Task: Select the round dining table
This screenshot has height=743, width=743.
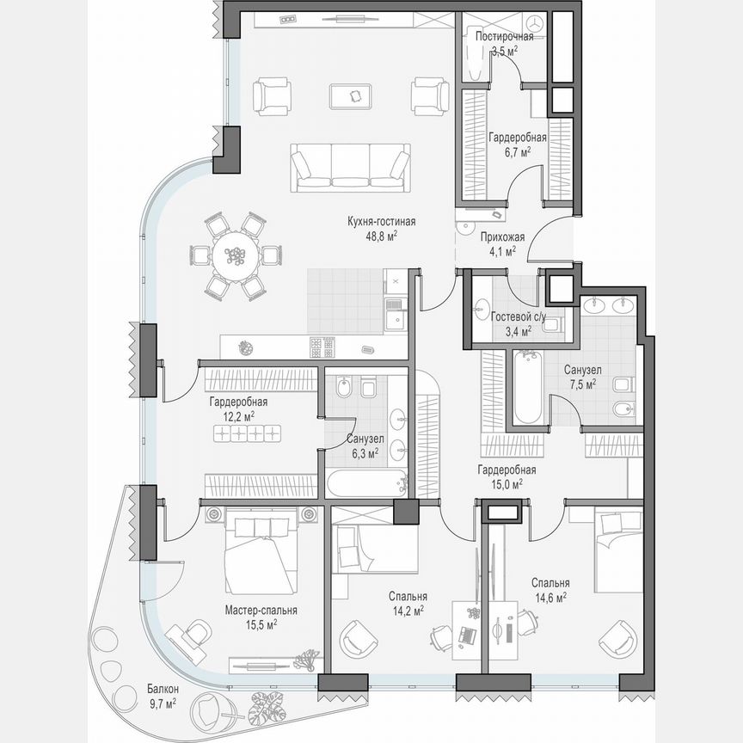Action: tap(234, 255)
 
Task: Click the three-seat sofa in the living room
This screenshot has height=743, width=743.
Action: tap(350, 165)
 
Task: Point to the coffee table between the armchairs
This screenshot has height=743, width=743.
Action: tap(353, 95)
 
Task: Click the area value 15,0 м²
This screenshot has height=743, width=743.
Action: tap(507, 484)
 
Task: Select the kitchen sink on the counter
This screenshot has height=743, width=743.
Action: tap(396, 319)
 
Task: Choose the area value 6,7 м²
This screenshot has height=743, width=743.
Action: tap(515, 151)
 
